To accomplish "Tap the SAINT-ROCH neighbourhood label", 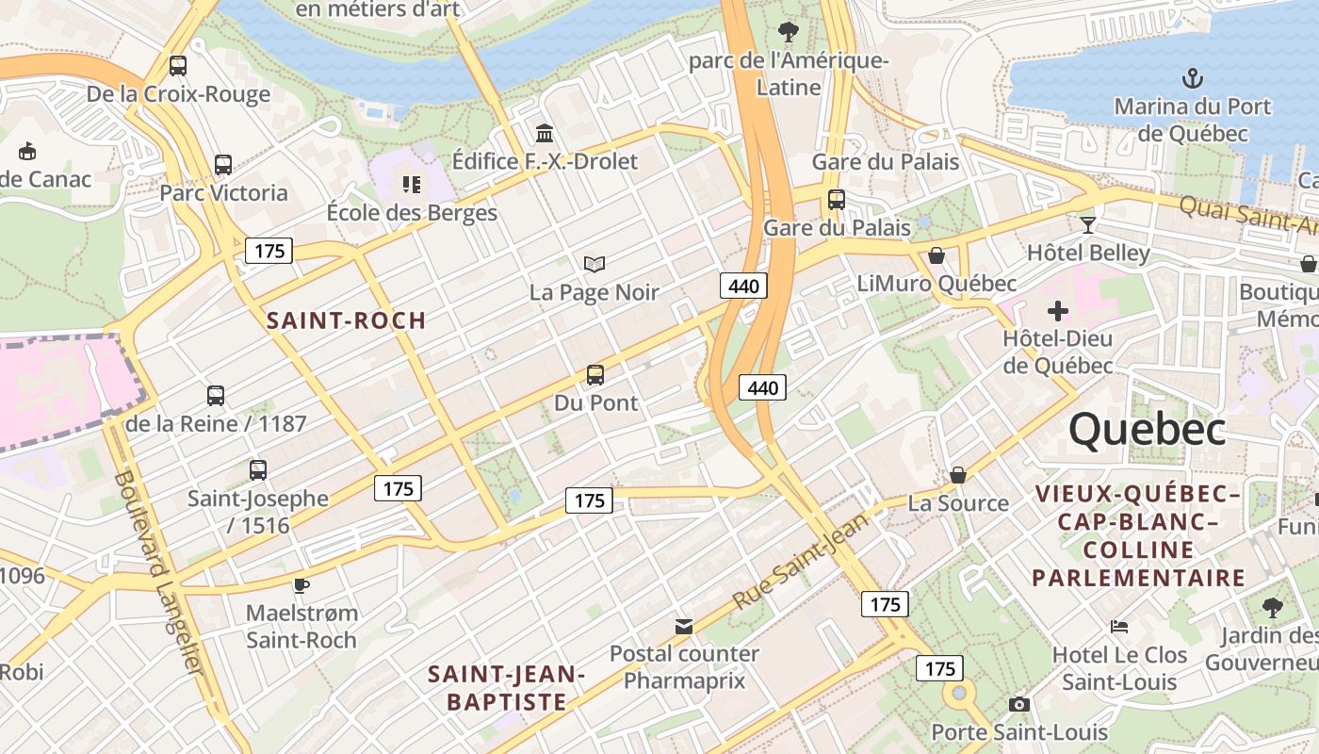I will point(346,320).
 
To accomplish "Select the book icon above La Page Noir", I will point(594,264).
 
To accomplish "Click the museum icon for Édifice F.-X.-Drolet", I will point(545,133).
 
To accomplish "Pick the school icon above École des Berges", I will point(411,184).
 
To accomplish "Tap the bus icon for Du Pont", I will point(595,374).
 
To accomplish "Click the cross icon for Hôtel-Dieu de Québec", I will point(1058,310).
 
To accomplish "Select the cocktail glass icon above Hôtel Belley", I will point(1088,224).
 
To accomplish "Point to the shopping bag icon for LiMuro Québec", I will point(936,255).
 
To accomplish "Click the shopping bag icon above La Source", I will point(958,475).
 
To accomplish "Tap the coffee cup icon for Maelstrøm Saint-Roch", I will point(301,585).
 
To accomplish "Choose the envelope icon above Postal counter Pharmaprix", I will point(684,626).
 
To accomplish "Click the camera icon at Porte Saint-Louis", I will point(1018,704).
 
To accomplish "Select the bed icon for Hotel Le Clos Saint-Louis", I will point(1118,627).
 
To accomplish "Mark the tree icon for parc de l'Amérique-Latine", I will point(789,33).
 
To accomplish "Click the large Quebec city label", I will point(1147,430).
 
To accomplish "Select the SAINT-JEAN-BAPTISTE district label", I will point(507,687).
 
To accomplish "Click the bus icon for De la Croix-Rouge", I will point(178,66).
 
